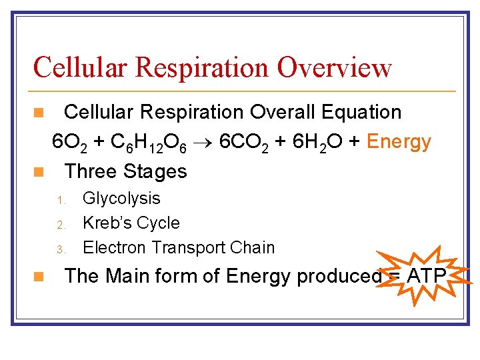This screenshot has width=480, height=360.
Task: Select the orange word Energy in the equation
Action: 399,142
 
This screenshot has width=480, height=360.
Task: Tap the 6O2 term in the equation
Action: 69,143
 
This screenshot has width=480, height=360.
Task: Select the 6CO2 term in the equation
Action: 245,143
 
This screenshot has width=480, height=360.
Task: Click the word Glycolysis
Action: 121,198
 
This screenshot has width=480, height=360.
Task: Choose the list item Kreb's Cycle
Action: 131,223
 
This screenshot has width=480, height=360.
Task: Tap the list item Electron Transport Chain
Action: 178,247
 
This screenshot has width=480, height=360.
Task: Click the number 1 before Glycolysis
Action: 59,199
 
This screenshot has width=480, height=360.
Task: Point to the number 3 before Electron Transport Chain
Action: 59,249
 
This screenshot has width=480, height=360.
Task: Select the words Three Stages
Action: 125,171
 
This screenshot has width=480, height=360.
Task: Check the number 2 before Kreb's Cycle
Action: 59,224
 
